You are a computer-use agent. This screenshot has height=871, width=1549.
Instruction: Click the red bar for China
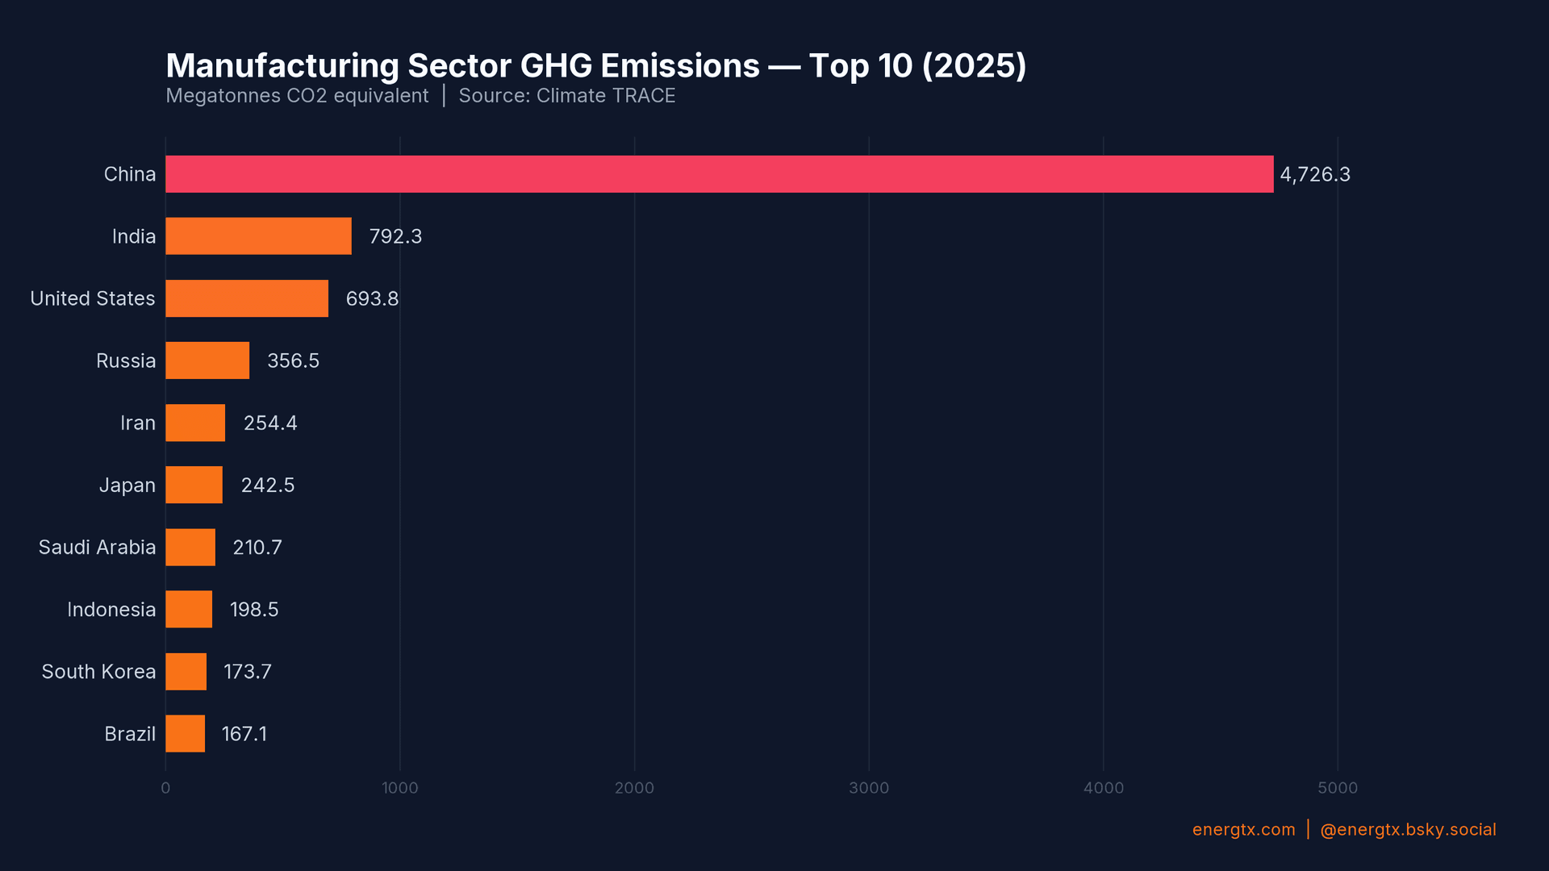[x=718, y=174]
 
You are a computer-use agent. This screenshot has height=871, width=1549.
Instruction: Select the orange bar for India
[x=258, y=236]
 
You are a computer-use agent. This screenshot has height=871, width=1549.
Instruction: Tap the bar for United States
[x=247, y=298]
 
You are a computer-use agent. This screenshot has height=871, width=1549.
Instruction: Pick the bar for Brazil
[x=185, y=734]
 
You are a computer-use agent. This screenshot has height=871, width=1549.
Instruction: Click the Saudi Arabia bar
[x=190, y=548]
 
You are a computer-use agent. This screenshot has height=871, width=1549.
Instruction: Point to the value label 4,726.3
[x=1314, y=175]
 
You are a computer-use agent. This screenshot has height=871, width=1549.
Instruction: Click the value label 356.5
[x=293, y=361]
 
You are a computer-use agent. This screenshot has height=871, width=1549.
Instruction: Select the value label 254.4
[x=270, y=423]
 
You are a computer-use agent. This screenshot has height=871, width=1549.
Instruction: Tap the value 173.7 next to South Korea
[x=247, y=672]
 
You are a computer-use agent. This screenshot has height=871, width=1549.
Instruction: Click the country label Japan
[x=127, y=486]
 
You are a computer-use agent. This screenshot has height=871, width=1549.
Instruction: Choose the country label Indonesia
[x=111, y=610]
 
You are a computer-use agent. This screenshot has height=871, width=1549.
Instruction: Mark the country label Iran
[x=137, y=423]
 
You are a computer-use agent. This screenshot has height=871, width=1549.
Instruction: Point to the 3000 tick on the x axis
[x=868, y=788]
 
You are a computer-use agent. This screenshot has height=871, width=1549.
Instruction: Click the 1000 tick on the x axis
[x=399, y=788]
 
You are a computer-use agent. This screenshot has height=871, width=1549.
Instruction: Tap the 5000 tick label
[x=1337, y=788]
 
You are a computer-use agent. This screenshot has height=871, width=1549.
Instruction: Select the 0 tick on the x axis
[x=165, y=788]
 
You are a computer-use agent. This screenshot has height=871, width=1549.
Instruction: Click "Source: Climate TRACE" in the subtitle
[x=566, y=96]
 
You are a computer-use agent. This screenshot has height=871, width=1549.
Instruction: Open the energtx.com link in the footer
[x=1243, y=830]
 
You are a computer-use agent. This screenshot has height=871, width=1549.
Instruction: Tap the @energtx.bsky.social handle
[x=1407, y=830]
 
